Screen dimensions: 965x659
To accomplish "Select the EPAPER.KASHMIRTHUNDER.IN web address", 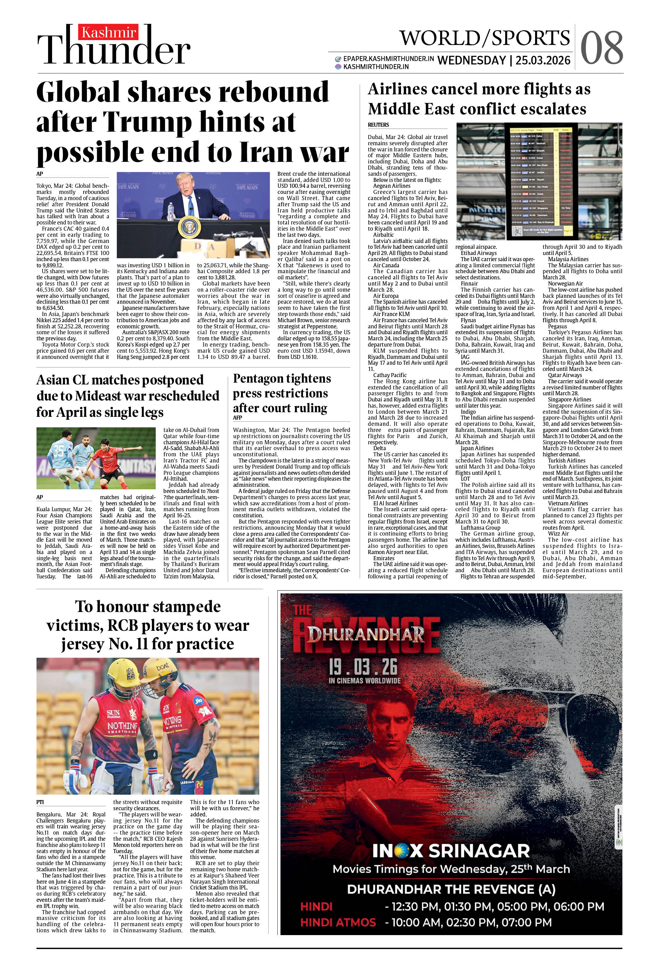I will (388, 59).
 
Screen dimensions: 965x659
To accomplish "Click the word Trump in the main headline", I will (148, 122).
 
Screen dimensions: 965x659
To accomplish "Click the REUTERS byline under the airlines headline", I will (378, 125).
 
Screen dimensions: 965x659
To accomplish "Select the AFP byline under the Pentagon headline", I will (238, 417).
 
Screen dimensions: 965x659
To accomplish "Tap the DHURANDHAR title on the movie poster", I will (366, 634).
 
